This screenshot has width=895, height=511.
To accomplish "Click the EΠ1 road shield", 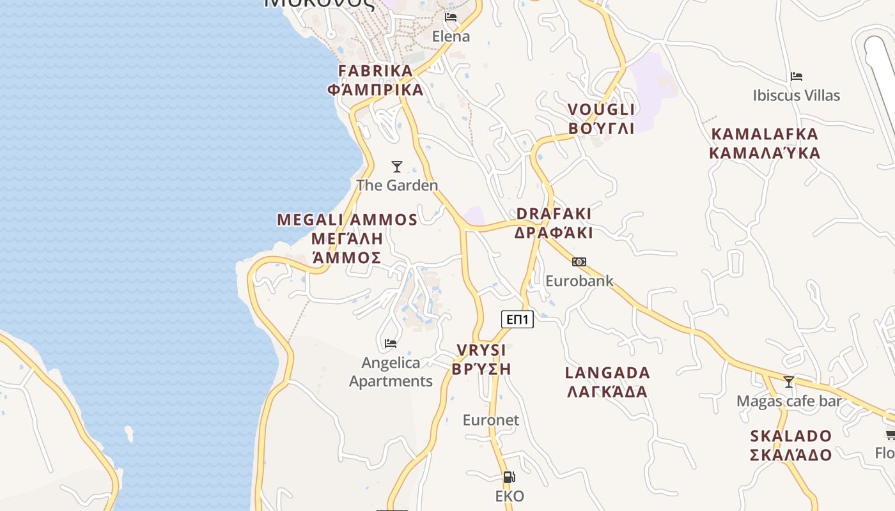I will [x=517, y=319].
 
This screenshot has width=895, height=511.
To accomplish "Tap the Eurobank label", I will [x=579, y=281].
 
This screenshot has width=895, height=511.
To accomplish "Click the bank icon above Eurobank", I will [x=579, y=262].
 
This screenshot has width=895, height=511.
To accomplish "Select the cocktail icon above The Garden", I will [x=397, y=167].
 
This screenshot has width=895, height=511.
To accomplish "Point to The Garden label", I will [x=397, y=185].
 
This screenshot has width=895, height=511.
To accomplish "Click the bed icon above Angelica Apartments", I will [x=391, y=344].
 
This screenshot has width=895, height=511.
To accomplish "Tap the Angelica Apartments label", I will [x=391, y=372].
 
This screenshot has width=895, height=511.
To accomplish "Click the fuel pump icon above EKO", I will [x=509, y=477].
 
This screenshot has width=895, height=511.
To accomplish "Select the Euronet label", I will [x=491, y=420].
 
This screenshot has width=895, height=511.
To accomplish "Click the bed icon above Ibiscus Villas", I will [x=796, y=77].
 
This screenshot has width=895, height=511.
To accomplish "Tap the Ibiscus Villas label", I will [x=796, y=96].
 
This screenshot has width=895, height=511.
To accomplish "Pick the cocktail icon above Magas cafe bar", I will [x=789, y=382].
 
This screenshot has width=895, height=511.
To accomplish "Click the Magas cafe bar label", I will [x=789, y=401].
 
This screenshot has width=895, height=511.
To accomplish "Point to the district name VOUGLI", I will [x=601, y=110].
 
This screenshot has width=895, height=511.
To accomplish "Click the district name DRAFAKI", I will [x=554, y=213].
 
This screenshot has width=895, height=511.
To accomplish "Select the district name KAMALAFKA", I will [x=765, y=134].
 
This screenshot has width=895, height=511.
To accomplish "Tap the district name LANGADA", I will [x=607, y=372].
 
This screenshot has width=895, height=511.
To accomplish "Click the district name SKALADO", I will [x=791, y=436].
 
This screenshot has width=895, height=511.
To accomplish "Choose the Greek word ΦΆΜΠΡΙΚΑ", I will [x=375, y=89].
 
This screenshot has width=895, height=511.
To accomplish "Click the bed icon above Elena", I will [x=451, y=17].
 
